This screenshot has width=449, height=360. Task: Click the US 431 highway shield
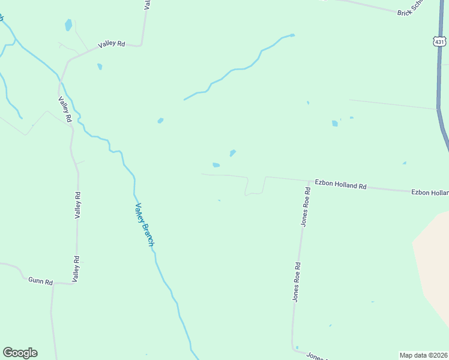pyautogui.click(x=440, y=41)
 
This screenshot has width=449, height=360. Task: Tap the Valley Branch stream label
pyautogui.click(x=145, y=224)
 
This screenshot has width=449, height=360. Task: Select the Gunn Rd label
pyautogui.click(x=40, y=281)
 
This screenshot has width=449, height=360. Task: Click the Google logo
pyautogui.click(x=20, y=353)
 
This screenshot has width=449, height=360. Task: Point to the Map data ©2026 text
pyautogui.click(x=424, y=355)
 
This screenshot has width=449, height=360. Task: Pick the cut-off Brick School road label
pyautogui.click(x=411, y=8)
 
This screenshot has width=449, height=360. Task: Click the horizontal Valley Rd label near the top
pyautogui.click(x=112, y=44)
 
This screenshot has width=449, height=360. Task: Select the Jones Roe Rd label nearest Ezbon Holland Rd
pyautogui.click(x=305, y=206)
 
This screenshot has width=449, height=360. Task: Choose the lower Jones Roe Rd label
pyautogui.click(x=297, y=281)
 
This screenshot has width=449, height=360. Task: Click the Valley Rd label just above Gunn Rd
pyautogui.click(x=76, y=268)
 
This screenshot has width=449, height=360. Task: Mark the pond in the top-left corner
pyautogui.click(x=68, y=25)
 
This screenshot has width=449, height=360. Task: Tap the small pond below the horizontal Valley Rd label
pyautogui.click(x=100, y=67)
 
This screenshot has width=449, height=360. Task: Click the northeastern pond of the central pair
pyautogui.click(x=232, y=152)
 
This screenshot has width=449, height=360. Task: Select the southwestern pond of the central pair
pyautogui.click(x=216, y=165)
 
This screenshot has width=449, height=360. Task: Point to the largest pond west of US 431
pyautogui.click(x=335, y=124)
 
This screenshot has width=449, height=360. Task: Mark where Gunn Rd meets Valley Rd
pyautogui.click(x=74, y=283)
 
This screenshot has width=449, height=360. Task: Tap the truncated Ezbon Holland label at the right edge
pyautogui.click(x=430, y=193)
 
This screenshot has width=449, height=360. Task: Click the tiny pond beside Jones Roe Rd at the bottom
pyautogui.click(x=297, y=347)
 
